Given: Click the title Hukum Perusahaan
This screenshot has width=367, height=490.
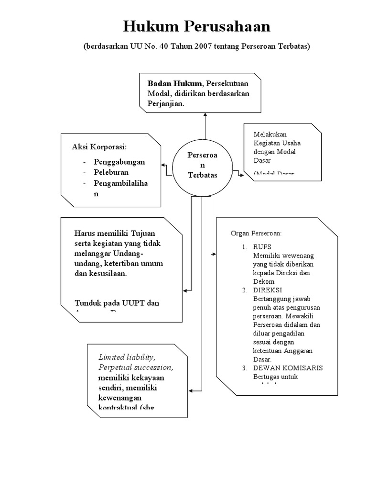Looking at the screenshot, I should (196, 26).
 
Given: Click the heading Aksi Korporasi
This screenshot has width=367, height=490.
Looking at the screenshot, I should (102, 146).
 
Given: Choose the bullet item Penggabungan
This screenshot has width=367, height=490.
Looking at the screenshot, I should (119, 162).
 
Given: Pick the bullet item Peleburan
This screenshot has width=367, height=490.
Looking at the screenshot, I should (111, 172).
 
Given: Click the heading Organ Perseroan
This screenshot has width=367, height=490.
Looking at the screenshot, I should (256, 234).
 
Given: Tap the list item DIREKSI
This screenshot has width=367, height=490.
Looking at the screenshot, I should (268, 290).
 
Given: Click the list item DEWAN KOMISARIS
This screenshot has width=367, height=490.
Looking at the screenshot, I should (288, 368).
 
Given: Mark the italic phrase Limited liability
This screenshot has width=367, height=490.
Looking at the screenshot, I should (127, 357).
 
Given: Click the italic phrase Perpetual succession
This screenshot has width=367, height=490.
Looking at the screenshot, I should (136, 367).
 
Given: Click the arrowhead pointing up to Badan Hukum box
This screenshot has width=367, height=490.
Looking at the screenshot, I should (205, 114).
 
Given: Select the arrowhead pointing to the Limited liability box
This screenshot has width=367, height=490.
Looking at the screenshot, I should (191, 390).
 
